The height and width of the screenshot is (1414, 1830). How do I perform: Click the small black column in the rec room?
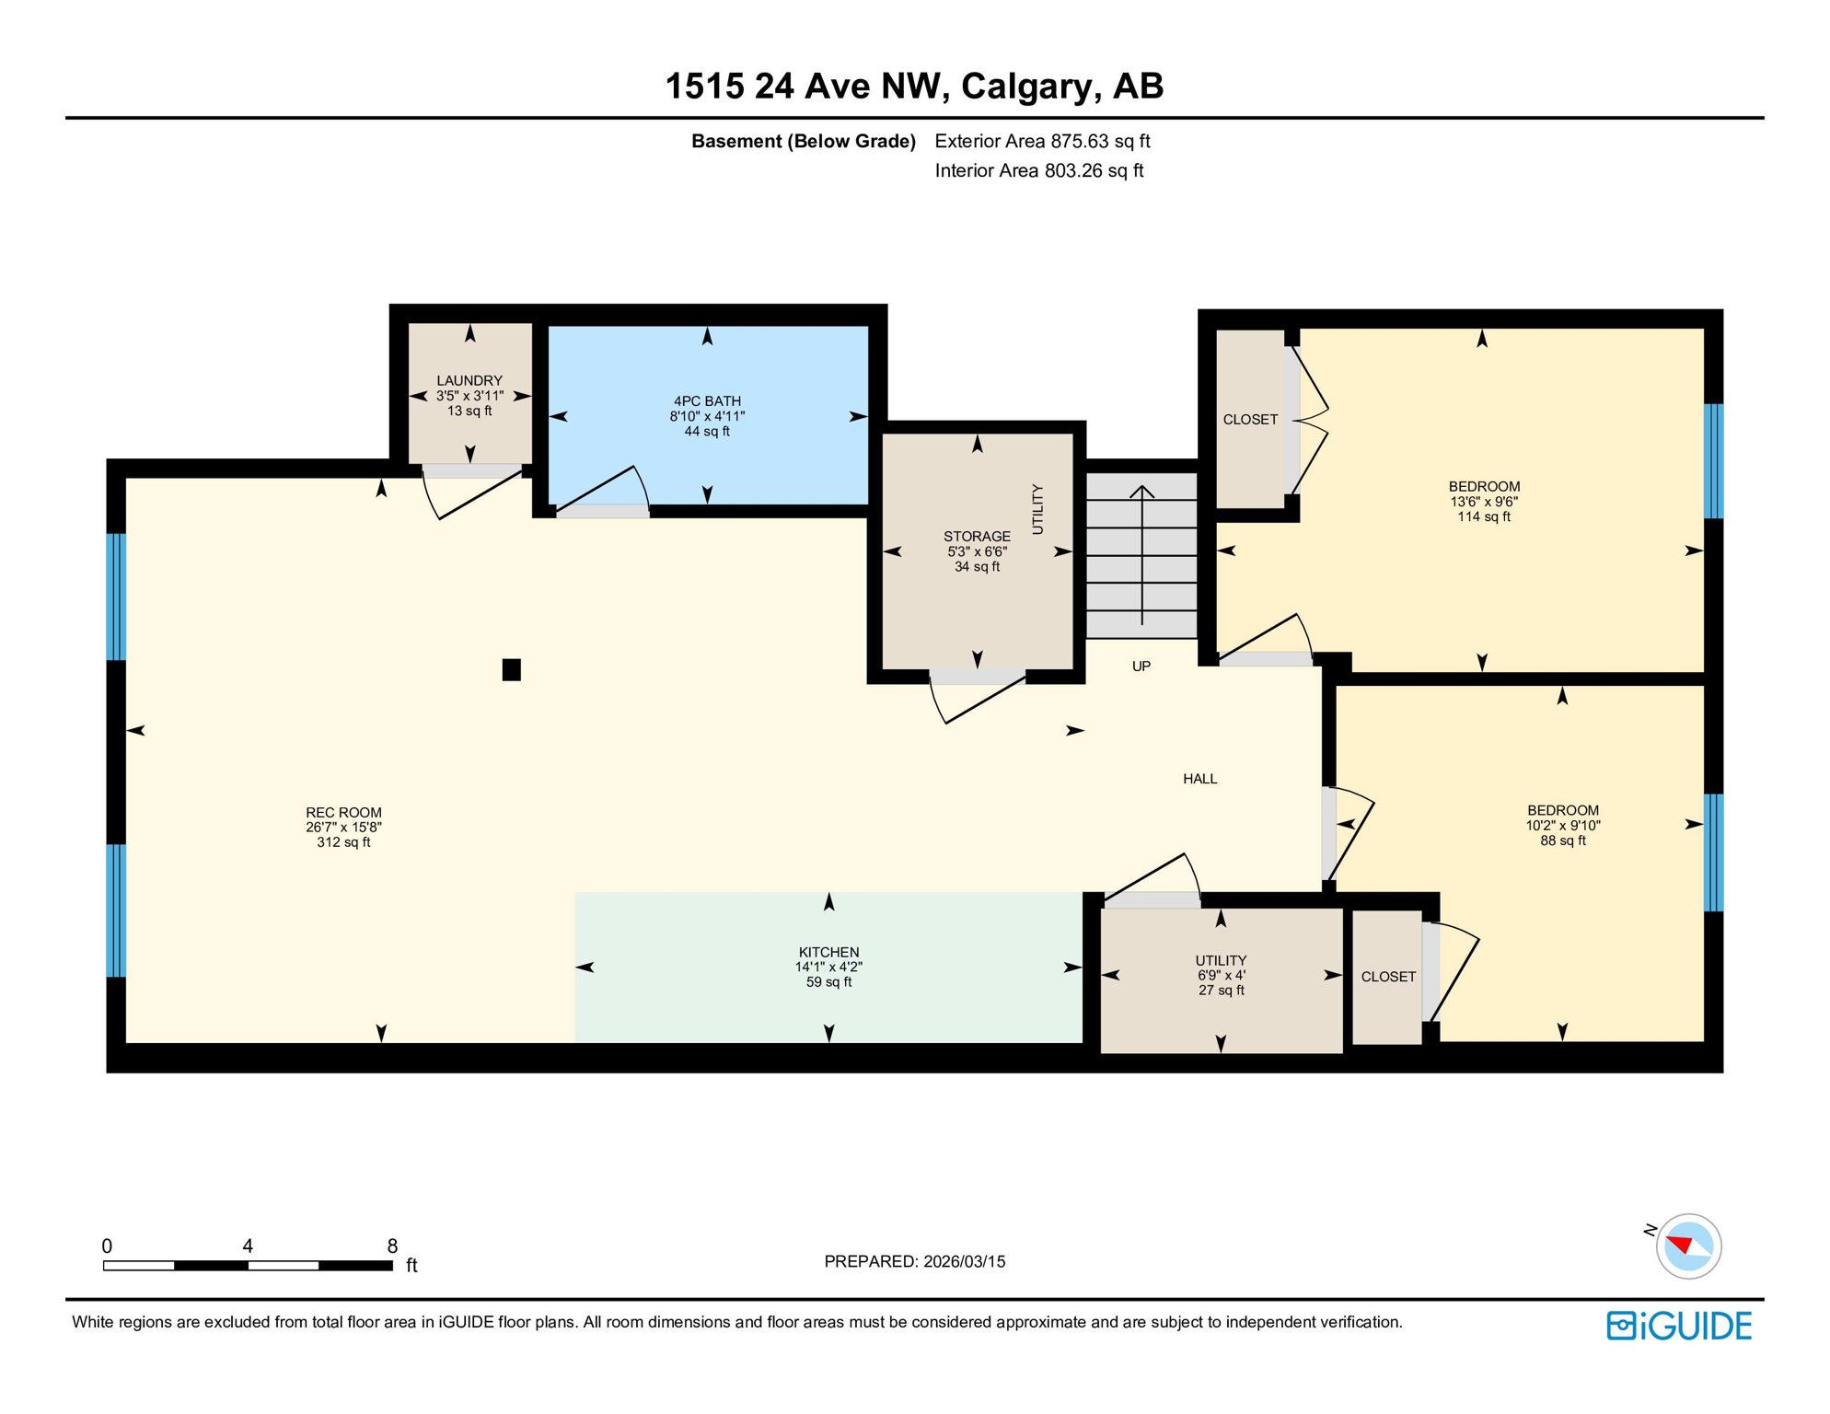[511, 669]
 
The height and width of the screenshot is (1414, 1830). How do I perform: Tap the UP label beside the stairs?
[1141, 666]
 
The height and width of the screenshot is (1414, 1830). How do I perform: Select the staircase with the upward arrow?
[1141, 556]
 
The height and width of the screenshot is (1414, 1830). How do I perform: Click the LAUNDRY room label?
[469, 380]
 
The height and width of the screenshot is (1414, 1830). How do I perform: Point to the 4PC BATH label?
[707, 400]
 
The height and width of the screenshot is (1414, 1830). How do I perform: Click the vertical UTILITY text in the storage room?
[1038, 509]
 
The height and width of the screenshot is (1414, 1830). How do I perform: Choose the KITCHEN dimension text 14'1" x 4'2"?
[828, 968]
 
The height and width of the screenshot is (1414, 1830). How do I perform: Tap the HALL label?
[1199, 779]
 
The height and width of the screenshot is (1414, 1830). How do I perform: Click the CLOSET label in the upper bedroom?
[1249, 420]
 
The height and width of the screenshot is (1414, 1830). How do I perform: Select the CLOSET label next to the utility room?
[1387, 977]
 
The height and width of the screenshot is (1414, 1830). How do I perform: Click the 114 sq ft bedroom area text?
[1483, 517]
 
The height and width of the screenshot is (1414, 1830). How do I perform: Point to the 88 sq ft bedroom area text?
[1562, 840]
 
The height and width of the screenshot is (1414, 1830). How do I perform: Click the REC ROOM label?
[343, 812]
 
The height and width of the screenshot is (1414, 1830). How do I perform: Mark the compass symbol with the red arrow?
[1687, 1246]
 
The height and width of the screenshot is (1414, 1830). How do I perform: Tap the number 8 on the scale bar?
[392, 1246]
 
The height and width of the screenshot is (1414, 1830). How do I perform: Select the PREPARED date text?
[914, 1262]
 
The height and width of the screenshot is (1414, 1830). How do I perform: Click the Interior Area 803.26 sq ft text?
[1038, 170]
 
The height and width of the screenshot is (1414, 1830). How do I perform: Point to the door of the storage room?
[979, 700]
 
